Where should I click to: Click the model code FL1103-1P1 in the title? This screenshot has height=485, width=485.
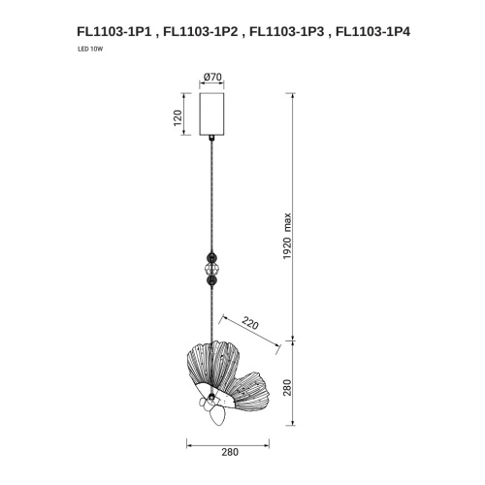114,31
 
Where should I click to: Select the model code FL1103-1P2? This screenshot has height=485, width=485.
200,31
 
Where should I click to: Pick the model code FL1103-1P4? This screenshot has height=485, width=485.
370,31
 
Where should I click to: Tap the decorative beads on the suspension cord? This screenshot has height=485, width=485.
212,265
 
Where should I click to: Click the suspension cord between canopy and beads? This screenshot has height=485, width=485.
212,194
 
